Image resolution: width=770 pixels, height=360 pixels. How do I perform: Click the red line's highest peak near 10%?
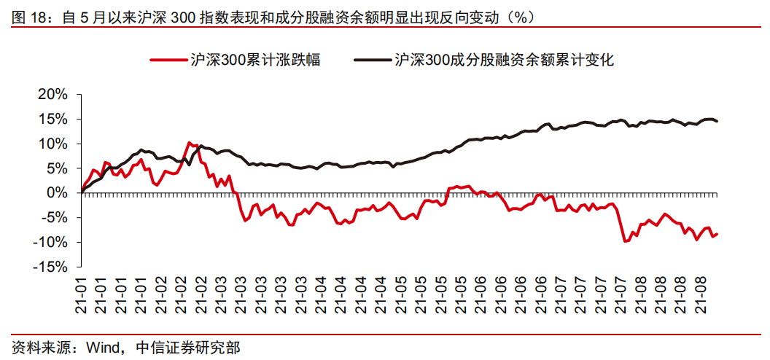[190, 143]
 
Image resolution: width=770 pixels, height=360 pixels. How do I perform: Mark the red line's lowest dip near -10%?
[625, 241]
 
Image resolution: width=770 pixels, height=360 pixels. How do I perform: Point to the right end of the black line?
[717, 121]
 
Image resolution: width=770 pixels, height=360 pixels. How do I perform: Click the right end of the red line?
[717, 233]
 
